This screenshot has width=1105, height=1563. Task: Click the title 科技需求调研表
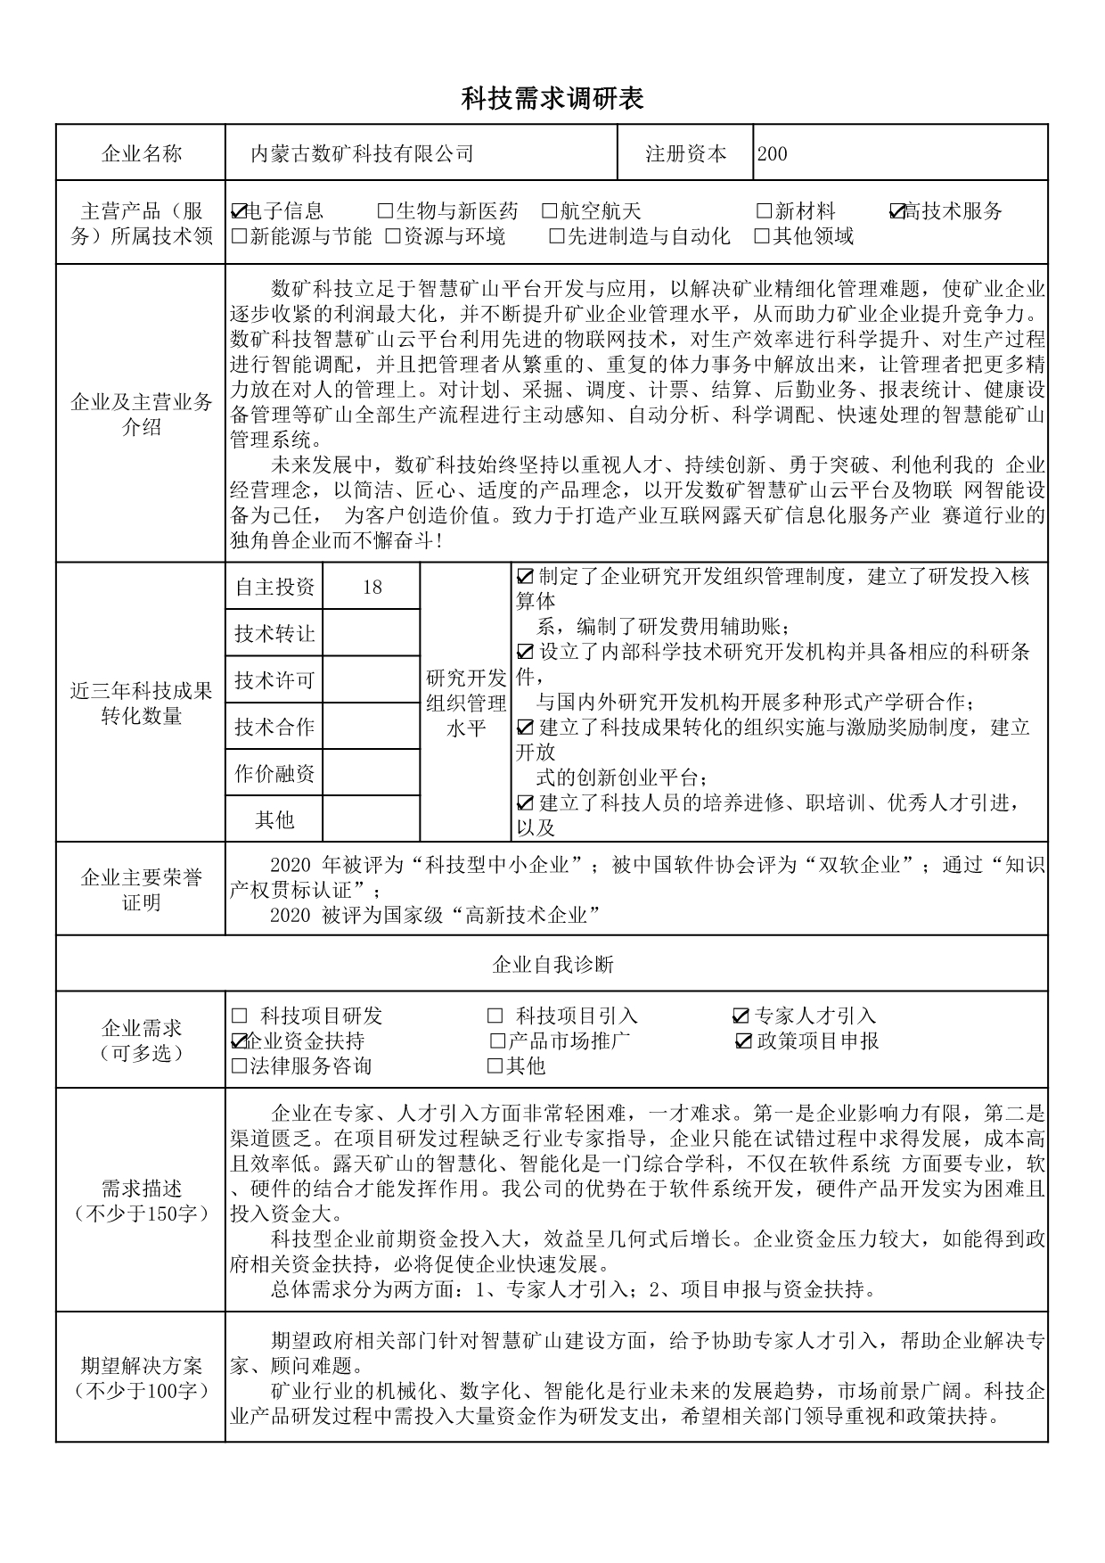click(x=552, y=99)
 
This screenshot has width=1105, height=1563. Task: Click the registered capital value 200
click(x=772, y=153)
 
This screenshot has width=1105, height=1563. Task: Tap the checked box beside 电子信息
click(x=238, y=212)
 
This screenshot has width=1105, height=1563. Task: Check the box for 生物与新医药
click(x=385, y=212)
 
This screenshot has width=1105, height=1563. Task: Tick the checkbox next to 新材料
click(x=764, y=212)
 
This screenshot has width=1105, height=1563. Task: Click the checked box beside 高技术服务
click(x=897, y=212)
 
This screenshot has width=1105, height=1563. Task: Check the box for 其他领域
click(x=762, y=236)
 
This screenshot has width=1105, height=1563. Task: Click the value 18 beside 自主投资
click(x=372, y=587)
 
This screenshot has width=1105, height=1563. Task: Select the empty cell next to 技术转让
click(x=372, y=633)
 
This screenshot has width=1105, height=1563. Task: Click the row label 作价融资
click(x=274, y=774)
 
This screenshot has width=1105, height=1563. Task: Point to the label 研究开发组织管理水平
click(x=466, y=703)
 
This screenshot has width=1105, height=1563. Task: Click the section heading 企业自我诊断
click(x=552, y=964)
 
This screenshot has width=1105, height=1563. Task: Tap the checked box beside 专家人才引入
click(x=741, y=1016)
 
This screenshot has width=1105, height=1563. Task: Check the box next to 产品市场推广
click(x=497, y=1041)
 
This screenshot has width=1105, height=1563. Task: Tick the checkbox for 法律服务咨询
click(x=238, y=1065)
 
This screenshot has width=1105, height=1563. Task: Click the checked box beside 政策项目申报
click(x=744, y=1041)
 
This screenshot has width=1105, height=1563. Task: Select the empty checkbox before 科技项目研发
click(x=239, y=1016)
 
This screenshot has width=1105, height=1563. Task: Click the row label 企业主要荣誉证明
click(x=142, y=890)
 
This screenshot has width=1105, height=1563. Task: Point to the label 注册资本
click(x=685, y=153)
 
